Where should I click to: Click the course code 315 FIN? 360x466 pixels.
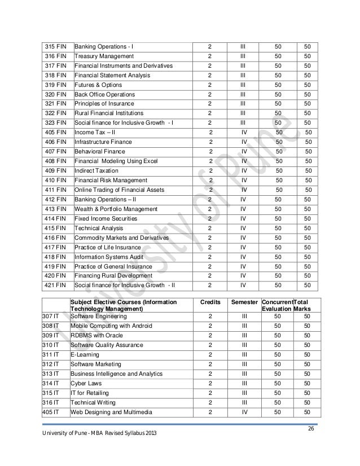click(x=55, y=45)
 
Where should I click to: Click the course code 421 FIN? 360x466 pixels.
click(x=55, y=285)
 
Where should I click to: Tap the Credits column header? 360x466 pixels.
click(x=210, y=303)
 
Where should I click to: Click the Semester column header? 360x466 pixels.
click(x=245, y=303)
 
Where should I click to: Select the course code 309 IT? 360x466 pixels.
click(x=51, y=335)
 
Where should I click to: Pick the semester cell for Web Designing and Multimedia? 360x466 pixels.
click(x=244, y=412)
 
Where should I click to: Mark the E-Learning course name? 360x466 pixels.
click(x=84, y=354)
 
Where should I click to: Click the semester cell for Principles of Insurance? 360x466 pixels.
click(x=242, y=104)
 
